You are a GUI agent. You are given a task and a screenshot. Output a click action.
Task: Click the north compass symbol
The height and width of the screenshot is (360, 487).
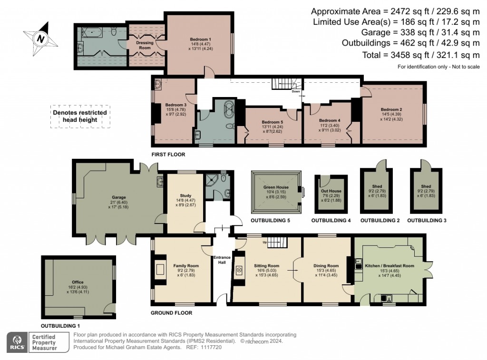point(41,38)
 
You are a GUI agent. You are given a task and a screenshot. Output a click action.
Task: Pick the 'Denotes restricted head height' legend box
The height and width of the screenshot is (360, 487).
point(80,116)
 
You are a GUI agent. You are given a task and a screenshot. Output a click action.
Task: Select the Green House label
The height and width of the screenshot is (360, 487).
point(276,187)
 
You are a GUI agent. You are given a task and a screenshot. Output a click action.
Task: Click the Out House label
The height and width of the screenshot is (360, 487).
point(331,191)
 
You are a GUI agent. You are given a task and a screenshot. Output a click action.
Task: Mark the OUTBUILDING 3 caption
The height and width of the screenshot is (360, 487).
point(427,221)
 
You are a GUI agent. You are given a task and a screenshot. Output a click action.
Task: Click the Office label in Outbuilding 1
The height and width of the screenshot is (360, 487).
point(77,282)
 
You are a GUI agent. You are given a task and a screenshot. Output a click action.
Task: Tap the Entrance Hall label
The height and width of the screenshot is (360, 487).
point(222,260)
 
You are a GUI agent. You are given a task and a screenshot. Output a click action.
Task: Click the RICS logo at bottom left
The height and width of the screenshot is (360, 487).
point(18,342)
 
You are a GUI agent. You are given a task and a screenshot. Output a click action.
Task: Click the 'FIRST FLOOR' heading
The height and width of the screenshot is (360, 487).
point(168,155)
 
